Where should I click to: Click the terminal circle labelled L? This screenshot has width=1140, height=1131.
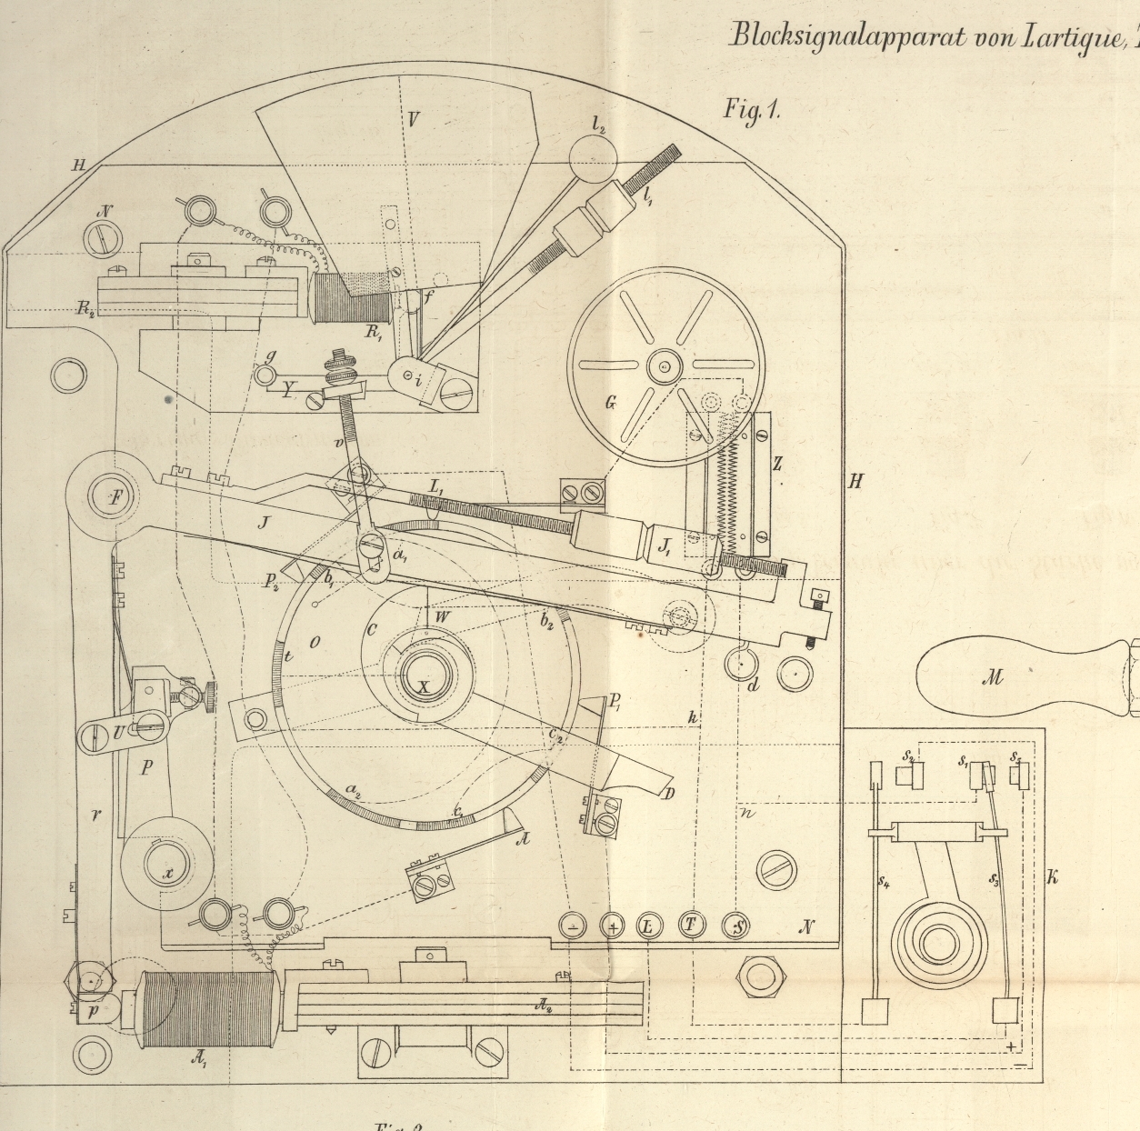tap(648, 926)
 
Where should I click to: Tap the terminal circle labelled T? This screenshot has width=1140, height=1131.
tap(691, 926)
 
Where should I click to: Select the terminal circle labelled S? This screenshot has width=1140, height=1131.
tap(737, 926)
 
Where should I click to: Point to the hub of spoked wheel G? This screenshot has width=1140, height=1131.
tap(664, 366)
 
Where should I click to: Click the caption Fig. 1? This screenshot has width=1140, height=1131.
tap(752, 111)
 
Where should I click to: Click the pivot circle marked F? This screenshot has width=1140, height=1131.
tap(115, 497)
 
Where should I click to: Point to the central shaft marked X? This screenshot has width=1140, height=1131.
tap(424, 686)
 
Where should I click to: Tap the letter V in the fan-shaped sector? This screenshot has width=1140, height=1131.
tap(414, 119)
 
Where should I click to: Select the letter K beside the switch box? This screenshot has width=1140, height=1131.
tap(1053, 876)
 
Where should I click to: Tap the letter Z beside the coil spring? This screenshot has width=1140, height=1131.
tap(777, 464)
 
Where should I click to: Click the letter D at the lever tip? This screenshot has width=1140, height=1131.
tap(669, 794)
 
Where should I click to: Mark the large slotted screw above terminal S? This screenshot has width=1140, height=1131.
tap(776, 871)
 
